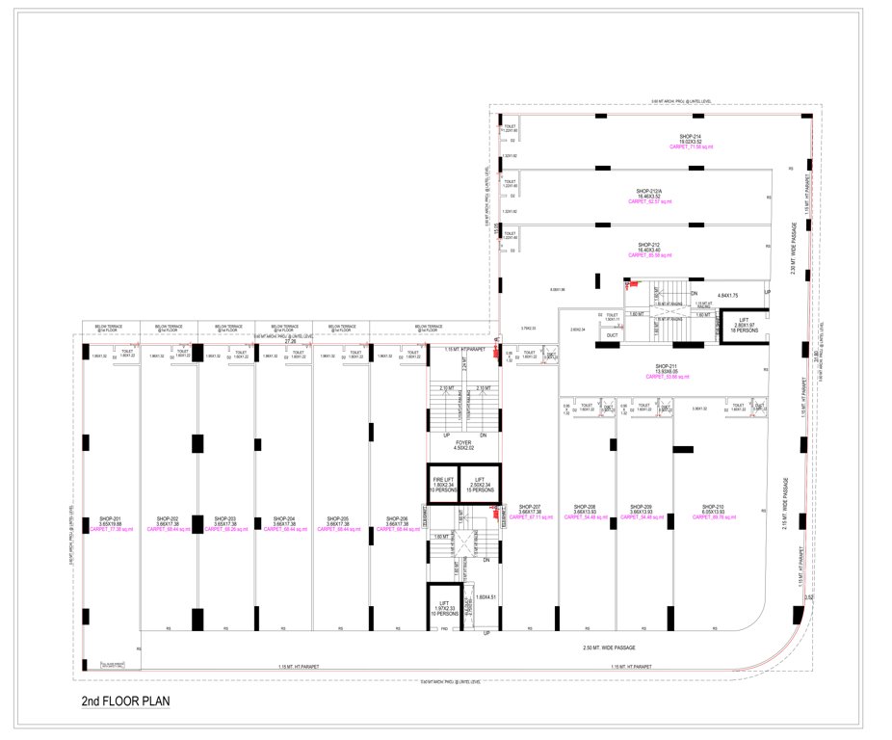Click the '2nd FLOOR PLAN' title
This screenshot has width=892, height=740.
click(x=127, y=700)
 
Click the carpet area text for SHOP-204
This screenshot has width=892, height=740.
click(x=275, y=529)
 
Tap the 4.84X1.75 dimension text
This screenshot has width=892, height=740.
click(x=728, y=295)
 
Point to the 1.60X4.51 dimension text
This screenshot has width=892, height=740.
click(x=485, y=597)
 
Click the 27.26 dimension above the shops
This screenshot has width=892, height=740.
click(x=290, y=341)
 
